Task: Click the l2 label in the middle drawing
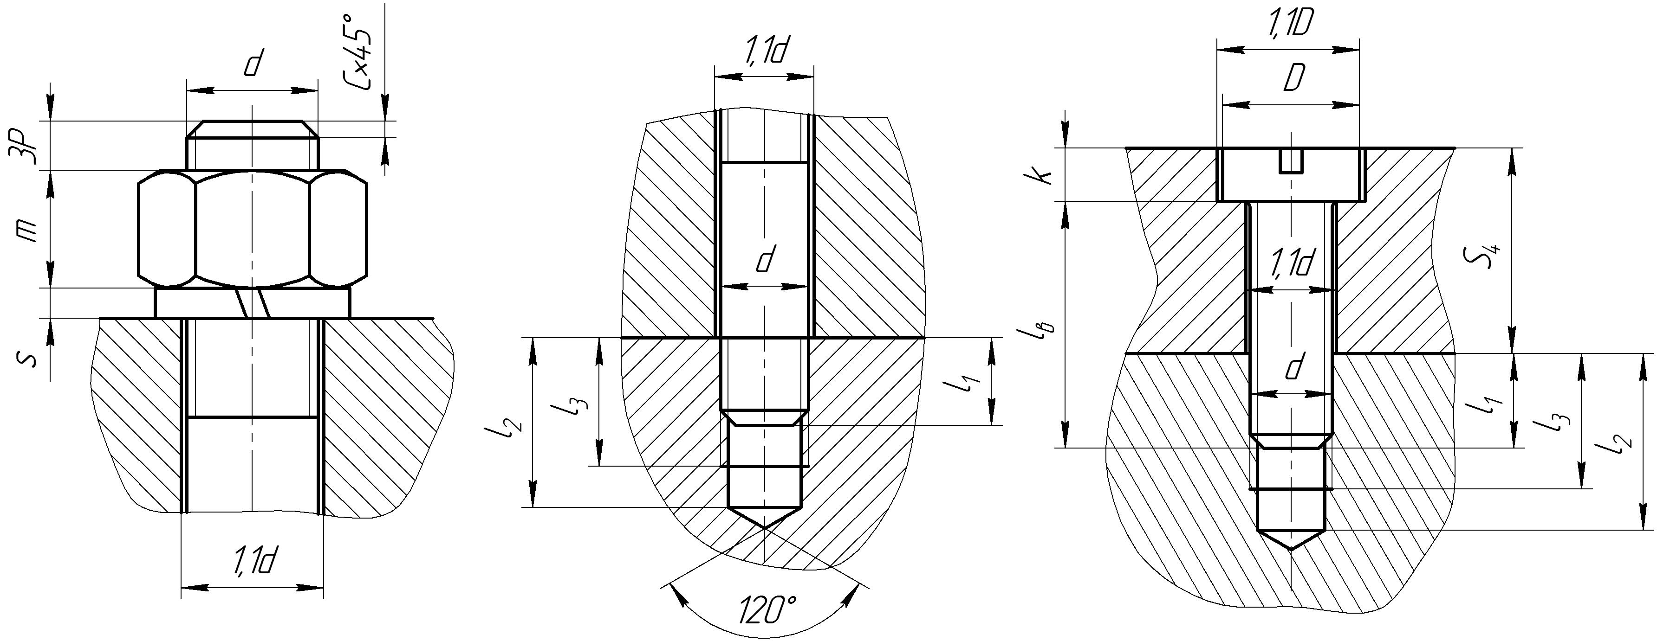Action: click(509, 424)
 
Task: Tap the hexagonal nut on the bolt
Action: click(253, 229)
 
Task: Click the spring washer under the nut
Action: click(253, 303)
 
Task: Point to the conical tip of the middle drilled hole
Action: click(765, 518)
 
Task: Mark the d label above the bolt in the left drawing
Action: click(253, 64)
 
